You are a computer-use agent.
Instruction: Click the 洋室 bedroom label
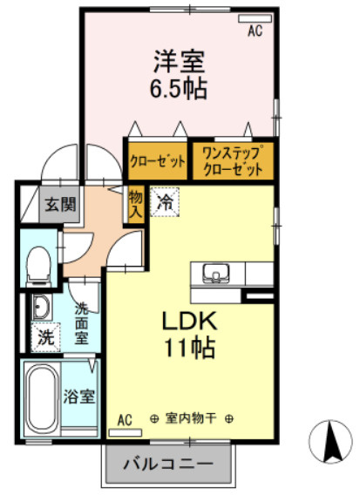click(x=179, y=61)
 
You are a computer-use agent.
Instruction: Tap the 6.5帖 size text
click(x=179, y=88)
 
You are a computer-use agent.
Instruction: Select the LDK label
click(x=189, y=321)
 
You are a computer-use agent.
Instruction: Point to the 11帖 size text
click(x=189, y=347)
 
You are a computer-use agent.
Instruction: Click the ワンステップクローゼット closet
click(x=233, y=161)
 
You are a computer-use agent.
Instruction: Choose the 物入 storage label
click(x=136, y=205)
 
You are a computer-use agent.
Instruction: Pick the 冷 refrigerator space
click(x=165, y=202)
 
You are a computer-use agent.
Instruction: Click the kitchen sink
click(x=216, y=274)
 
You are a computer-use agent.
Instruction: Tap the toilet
click(x=38, y=266)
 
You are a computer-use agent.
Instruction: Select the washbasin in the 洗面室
click(x=41, y=307)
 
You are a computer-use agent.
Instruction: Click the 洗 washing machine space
click(x=46, y=337)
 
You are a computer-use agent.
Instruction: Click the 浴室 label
click(x=79, y=397)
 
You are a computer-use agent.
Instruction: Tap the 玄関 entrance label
click(x=60, y=205)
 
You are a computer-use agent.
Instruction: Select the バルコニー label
click(x=168, y=464)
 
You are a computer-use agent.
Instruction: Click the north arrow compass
click(x=330, y=442)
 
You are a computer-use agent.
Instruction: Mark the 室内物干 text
click(x=191, y=418)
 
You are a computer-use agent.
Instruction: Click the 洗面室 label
click(x=81, y=324)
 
